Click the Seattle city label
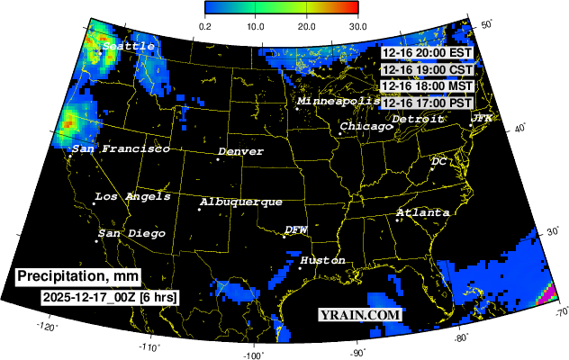tap(129, 45)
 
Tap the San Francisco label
tap(121, 148)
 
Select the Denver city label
tap(240, 152)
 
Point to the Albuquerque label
tap(241, 202)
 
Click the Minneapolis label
tap(339, 102)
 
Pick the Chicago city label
tap(366, 127)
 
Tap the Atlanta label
tap(423, 212)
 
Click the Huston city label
tap(322, 260)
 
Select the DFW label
tap(296, 230)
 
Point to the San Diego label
tap(132, 234)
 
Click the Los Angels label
tap(132, 197)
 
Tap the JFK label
tap(482, 119)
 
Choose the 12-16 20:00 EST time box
tap(427, 52)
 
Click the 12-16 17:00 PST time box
tap(427, 103)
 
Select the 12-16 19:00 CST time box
tap(427, 69)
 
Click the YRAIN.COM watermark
tap(359, 315)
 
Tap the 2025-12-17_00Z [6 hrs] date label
tap(109, 296)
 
